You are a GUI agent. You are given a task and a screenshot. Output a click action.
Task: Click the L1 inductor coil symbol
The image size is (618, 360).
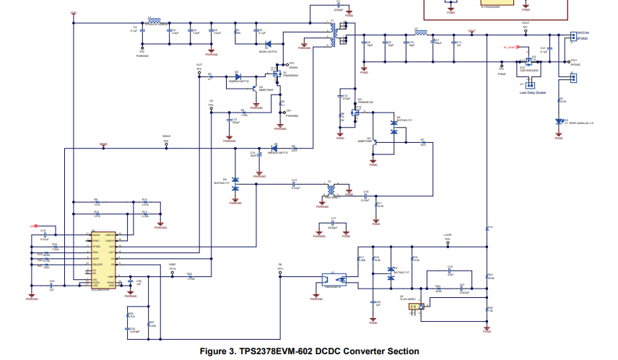point(154,22)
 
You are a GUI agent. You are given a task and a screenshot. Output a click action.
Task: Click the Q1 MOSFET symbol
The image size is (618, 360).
point(277,73)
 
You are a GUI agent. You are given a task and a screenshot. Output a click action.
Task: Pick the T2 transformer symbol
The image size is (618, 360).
point(331,189)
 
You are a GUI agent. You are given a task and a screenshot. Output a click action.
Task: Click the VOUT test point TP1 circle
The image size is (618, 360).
point(526,32)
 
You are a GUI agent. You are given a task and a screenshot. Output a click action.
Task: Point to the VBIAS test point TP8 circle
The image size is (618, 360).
point(166,144)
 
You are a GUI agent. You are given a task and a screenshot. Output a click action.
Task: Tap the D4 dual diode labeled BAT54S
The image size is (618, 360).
point(393,126)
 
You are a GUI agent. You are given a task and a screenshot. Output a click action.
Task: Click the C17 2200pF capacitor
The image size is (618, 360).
point(333,224)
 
